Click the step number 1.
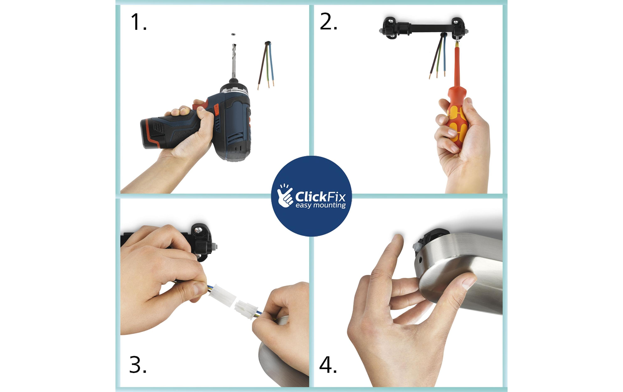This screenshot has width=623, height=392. click(x=139, y=22)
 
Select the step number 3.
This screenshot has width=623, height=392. click(x=138, y=365)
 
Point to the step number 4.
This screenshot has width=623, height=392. click(x=328, y=365)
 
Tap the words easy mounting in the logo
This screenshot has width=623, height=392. click(x=321, y=205)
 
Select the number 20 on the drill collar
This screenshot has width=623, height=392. click(x=229, y=91)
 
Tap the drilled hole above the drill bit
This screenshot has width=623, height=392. click(x=233, y=34)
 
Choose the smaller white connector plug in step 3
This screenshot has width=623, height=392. click(x=246, y=310)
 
